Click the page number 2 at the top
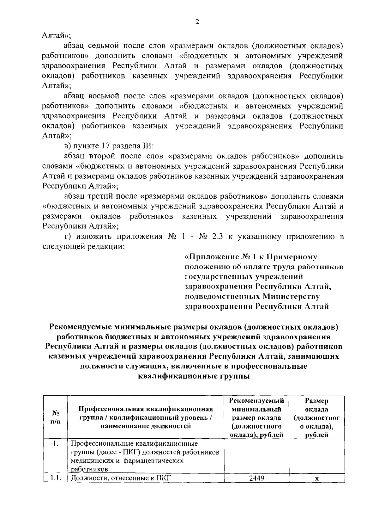(x=197, y=22)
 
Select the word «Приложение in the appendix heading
(x=210, y=257)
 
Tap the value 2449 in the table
(x=256, y=478)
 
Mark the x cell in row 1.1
(x=317, y=479)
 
